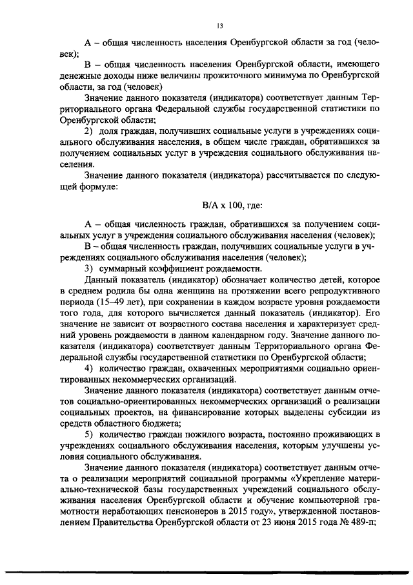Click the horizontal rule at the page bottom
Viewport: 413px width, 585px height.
(206, 572)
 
